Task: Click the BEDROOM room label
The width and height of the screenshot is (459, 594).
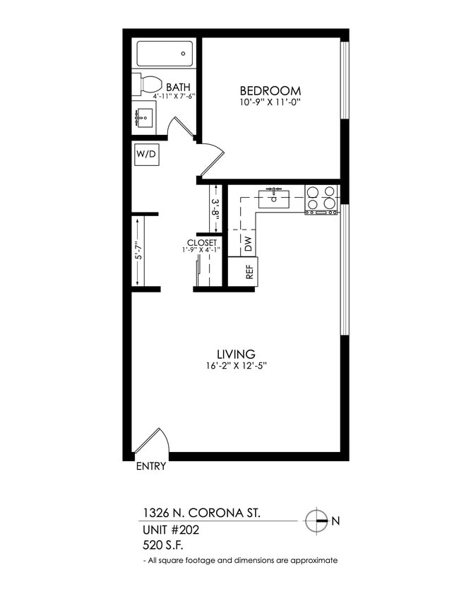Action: coord(270,90)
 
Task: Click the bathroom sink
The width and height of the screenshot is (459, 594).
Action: coord(145,117)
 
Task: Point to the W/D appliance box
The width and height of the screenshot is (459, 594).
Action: coord(147,153)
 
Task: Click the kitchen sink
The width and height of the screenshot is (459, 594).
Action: coord(275,198)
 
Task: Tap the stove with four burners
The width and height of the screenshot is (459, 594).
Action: coord(321,198)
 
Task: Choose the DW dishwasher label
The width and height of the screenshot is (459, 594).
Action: coord(248,244)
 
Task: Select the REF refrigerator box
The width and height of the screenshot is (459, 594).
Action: coord(248,272)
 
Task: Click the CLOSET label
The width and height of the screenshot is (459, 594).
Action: coord(202,242)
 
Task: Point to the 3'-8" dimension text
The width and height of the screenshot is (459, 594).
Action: coord(216,210)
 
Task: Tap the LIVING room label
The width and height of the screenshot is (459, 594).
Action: coord(236,353)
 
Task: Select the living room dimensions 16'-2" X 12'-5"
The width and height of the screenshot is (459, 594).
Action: coord(236,366)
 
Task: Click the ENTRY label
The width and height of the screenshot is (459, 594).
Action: coord(150,466)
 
